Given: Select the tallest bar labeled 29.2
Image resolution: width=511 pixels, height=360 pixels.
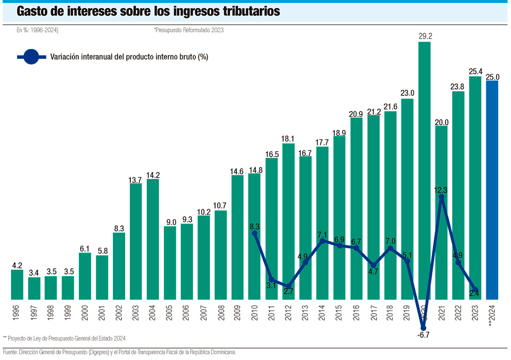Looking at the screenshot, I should click(425, 170).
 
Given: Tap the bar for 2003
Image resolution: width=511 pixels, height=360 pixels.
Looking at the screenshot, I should click(136, 241).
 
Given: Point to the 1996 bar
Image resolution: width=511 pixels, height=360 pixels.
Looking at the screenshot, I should click(17, 284).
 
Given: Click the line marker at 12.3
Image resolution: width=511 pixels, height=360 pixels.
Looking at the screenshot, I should click(442, 196).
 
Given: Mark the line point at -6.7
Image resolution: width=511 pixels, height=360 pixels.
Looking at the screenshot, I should click(423, 328).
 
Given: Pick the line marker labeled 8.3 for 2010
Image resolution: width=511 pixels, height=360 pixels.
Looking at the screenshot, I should click(255, 233).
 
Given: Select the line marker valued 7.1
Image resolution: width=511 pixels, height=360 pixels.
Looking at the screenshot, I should click(322, 241).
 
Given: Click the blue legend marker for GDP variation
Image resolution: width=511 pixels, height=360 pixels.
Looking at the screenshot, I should click(31, 57).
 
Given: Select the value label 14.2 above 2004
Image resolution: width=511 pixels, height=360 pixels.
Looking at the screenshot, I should click(153, 174).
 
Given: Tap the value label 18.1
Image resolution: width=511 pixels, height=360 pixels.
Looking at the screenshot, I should click(288, 138).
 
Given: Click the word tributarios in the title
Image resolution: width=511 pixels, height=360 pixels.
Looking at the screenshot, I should click(252, 12).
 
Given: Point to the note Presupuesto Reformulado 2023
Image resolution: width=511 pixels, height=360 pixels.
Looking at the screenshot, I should click(189, 30).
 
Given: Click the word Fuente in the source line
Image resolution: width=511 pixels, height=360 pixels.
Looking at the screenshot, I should click(11, 352).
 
